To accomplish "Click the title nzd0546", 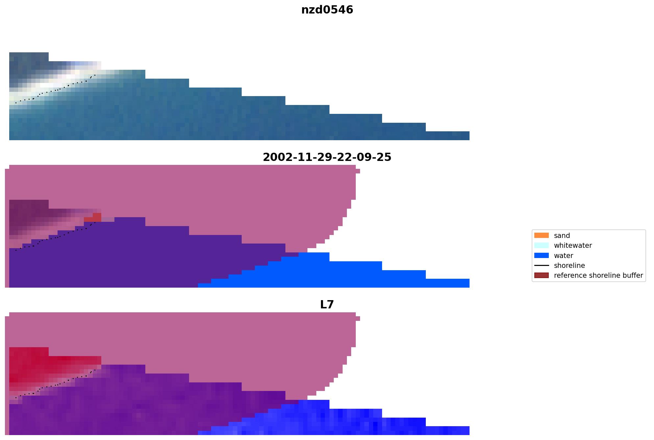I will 327,10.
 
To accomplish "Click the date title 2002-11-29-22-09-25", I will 327,157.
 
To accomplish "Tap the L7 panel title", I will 327,305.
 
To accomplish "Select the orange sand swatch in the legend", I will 541,236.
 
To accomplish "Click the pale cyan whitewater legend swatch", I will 541,246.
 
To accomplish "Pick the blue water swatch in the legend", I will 541,256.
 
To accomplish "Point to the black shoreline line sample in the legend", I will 541,266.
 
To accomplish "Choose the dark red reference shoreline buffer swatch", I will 541,275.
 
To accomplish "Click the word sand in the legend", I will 562,236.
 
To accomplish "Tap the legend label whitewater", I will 573,246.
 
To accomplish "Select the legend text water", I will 563,256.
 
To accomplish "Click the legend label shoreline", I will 569,266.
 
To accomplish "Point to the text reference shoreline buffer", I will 598,275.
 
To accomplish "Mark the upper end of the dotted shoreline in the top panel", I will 95,75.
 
